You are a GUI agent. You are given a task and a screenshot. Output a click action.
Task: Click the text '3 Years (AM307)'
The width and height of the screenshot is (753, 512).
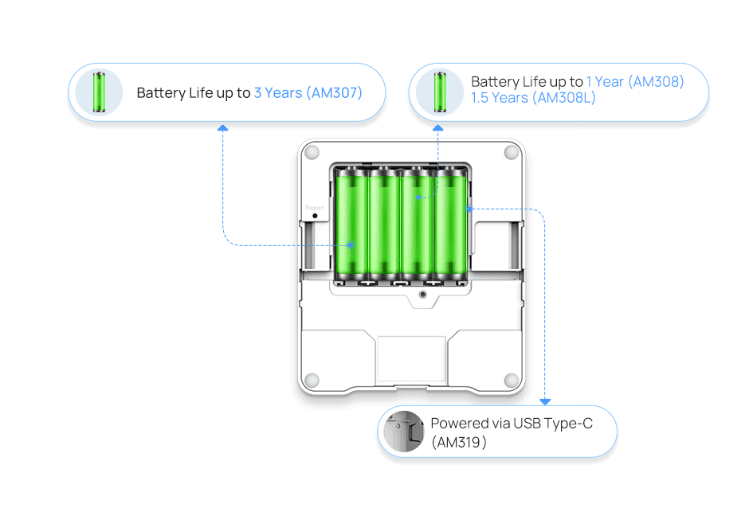(x=308, y=93)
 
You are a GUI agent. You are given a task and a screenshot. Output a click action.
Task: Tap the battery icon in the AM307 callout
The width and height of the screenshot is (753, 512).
(x=99, y=92)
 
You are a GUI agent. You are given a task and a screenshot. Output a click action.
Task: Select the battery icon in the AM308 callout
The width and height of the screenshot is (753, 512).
(x=439, y=92)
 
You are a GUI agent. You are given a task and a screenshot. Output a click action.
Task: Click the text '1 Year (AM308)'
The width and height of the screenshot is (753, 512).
(x=635, y=82)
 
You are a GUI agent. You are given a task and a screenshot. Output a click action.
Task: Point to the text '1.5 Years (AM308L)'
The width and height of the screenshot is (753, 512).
(x=533, y=98)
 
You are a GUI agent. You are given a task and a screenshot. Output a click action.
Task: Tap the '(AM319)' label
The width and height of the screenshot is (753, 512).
(x=459, y=442)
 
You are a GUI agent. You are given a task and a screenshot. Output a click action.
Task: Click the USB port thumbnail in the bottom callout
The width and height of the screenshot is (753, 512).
(x=403, y=432)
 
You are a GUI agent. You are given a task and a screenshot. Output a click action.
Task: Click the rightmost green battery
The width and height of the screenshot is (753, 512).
(x=449, y=226)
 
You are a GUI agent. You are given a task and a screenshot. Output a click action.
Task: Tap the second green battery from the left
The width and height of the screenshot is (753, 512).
(x=382, y=226)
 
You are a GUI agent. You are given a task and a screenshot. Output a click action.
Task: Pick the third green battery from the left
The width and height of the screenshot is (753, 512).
(x=416, y=226)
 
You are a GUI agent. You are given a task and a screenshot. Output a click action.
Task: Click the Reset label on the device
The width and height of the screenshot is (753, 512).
(x=315, y=207)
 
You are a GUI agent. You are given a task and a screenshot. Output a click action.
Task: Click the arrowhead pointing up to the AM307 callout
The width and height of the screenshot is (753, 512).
(x=222, y=127)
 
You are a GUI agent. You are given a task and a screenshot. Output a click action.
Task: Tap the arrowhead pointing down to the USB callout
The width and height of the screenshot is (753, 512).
(x=546, y=401)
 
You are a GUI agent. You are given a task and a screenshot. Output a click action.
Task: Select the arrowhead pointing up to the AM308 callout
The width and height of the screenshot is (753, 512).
(x=437, y=127)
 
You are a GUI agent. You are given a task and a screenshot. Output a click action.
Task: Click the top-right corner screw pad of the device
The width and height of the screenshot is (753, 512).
(x=511, y=151)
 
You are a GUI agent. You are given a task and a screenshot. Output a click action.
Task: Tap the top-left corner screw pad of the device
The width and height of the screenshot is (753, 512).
(x=312, y=151)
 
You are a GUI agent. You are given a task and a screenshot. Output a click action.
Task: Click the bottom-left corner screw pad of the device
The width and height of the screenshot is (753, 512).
(x=312, y=380)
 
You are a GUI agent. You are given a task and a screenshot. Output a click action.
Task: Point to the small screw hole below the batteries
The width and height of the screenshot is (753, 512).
(x=422, y=295)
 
